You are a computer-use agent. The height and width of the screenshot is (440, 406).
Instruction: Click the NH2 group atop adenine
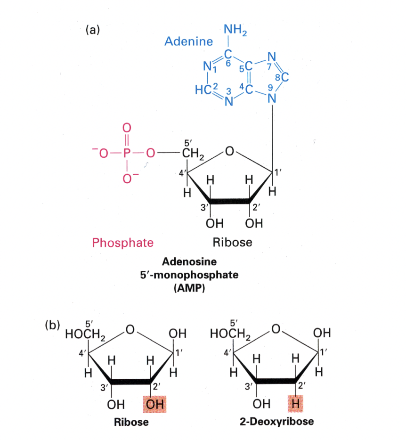pyautogui.click(x=235, y=31)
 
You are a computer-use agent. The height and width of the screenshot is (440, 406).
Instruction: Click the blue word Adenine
pyautogui.click(x=188, y=42)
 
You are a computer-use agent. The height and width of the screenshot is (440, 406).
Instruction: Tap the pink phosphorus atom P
pyautogui.click(x=126, y=153)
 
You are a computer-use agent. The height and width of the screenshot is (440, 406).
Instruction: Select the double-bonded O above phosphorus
pyautogui.click(x=126, y=128)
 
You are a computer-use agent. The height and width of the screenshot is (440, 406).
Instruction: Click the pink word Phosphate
pyautogui.click(x=122, y=243)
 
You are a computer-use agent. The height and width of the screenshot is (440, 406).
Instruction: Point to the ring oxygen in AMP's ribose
pyautogui.click(x=229, y=152)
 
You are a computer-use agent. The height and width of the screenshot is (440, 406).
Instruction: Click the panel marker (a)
pyautogui.click(x=93, y=30)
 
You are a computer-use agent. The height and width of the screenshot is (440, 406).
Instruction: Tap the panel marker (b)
pyautogui.click(x=52, y=326)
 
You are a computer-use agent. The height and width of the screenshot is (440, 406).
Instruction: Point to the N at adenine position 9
pyautogui.click(x=271, y=99)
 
